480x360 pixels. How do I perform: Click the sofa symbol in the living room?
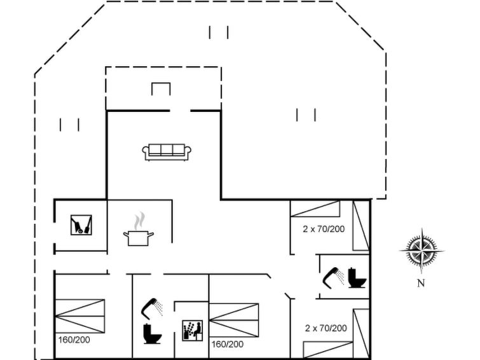coord(167,152)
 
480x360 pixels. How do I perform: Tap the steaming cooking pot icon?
coord(139,229)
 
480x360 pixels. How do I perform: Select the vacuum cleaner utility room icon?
coord(81,225)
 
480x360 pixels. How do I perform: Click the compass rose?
coord(422,251)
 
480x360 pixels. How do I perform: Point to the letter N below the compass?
coord(422,284)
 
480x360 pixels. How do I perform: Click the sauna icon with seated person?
coord(193,331)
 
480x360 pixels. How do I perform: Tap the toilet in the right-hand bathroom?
coord(357,278)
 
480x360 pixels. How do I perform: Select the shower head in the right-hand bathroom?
coord(334,278)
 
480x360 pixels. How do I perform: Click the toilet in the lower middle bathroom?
coord(152,334)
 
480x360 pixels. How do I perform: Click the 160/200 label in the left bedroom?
coord(74,340)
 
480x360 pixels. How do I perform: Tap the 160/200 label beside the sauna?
coord(228,344)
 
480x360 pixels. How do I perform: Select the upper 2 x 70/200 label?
coord(324,229)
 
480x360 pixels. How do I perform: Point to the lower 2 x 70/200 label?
coord(326,328)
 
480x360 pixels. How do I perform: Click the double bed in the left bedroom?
coord(80,316)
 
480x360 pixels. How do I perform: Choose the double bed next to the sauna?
coord(234,320)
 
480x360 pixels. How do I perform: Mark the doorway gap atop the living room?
coord(180,111)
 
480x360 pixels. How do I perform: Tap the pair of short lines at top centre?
coord(219,32)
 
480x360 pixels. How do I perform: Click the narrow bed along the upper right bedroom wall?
coord(361,226)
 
